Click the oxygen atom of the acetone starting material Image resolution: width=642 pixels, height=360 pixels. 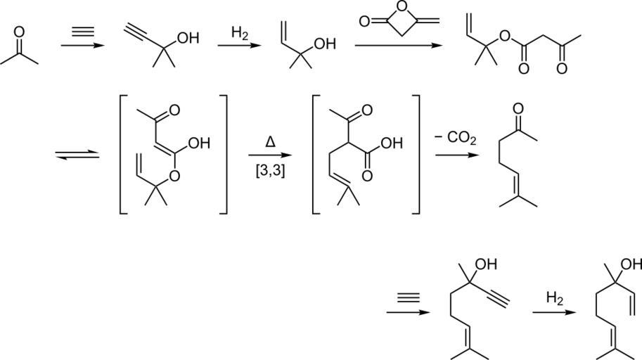tap(19, 32)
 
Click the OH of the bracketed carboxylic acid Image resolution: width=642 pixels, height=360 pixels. tap(390, 143)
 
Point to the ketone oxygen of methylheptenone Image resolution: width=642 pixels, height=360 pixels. tap(518, 109)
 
